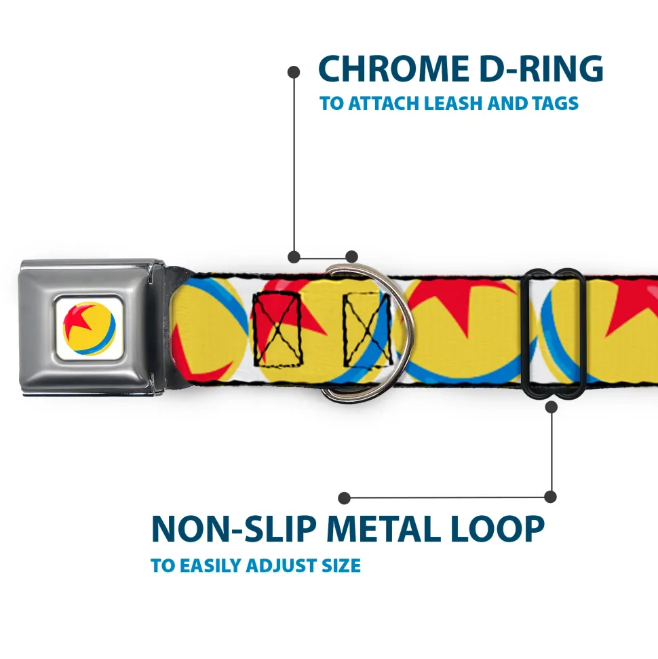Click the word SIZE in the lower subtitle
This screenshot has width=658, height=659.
pos(341,565)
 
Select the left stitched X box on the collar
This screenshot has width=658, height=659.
pos(277,330)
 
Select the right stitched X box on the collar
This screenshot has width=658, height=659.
pos(366,330)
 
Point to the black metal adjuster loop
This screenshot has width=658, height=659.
pos(554,333)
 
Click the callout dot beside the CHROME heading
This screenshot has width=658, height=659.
pos(294,71)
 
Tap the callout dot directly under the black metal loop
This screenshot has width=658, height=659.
pos(551,407)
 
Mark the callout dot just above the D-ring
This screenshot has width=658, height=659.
pos(351,257)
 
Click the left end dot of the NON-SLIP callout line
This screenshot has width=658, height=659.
pos(345,498)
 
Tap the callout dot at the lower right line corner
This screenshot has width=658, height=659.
pos(551,497)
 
